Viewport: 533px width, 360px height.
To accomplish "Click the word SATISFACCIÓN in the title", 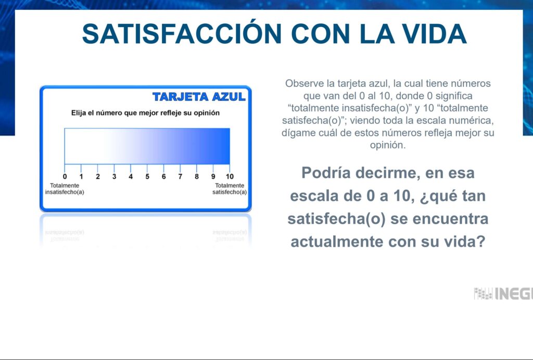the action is click(x=182, y=34).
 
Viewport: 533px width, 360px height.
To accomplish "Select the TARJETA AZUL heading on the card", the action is click(x=199, y=97).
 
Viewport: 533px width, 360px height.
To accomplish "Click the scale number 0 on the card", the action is click(x=65, y=176).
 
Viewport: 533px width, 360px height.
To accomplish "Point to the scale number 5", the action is click(x=147, y=176).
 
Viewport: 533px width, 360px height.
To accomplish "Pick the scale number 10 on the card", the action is click(x=230, y=176).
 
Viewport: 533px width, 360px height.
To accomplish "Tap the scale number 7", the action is click(x=180, y=176).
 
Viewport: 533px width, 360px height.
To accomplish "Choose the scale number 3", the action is click(x=114, y=176).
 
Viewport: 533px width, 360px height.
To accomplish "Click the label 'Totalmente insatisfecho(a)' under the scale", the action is click(x=65, y=189).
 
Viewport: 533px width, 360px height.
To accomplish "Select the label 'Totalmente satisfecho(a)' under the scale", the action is click(x=230, y=189).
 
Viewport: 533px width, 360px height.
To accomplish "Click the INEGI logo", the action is click(x=503, y=293).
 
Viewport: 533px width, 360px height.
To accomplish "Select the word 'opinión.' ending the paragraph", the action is click(x=388, y=145).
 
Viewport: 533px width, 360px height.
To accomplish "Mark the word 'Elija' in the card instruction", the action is click(x=79, y=113).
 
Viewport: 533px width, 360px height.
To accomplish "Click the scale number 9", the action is click(x=213, y=176).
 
